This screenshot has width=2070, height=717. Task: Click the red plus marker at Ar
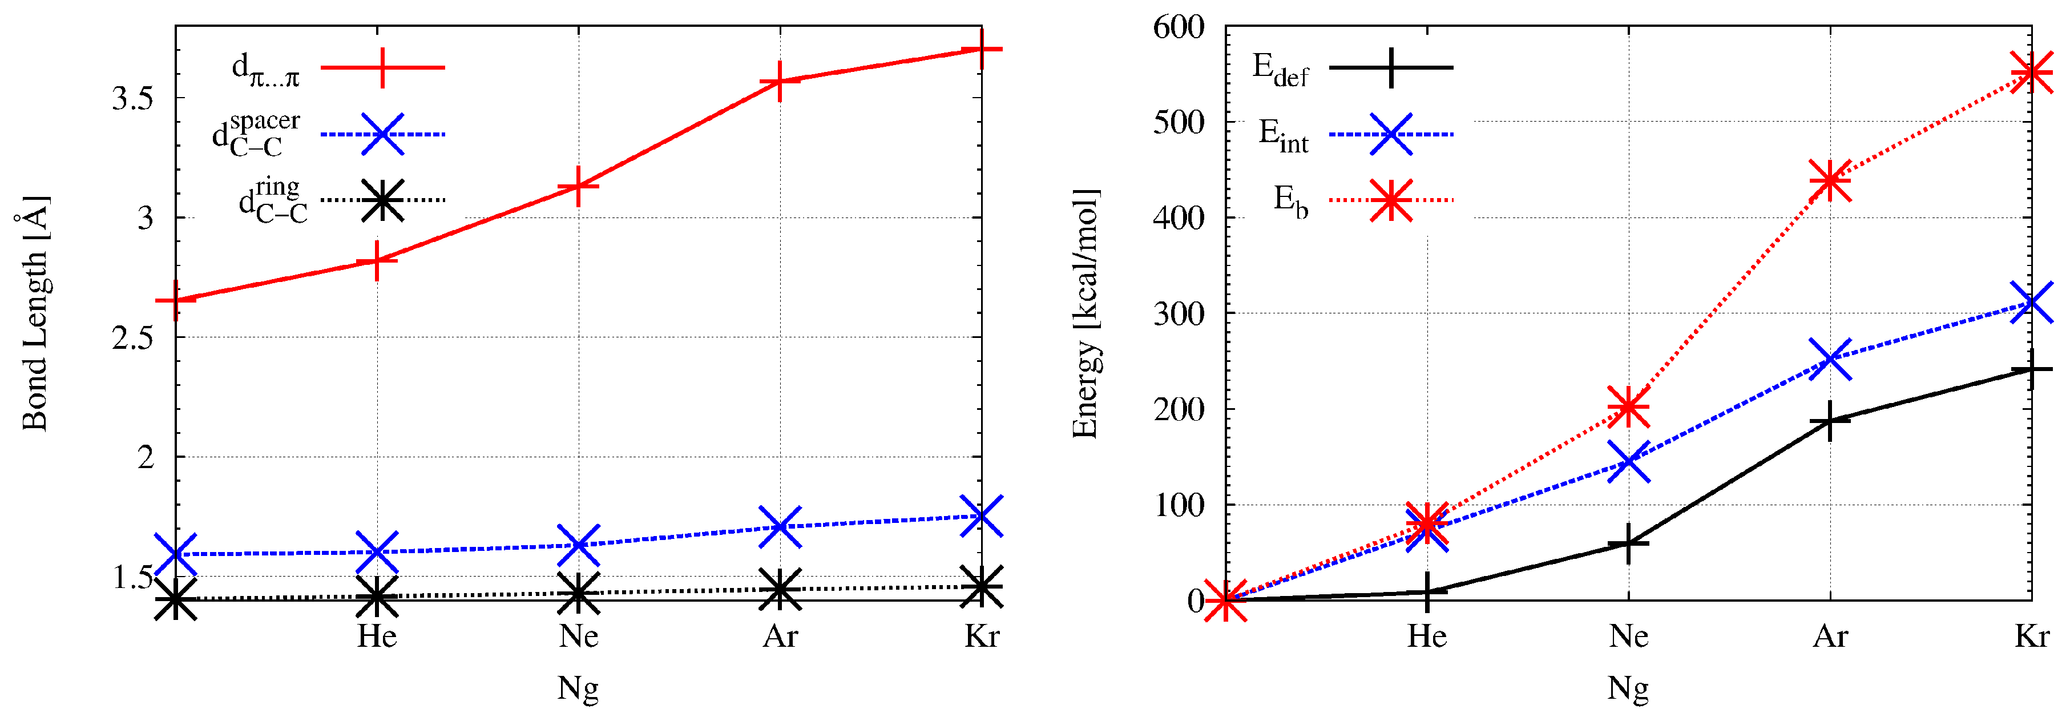point(780,81)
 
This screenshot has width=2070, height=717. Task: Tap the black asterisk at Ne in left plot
point(579,593)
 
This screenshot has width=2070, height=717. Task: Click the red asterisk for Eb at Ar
point(1830,179)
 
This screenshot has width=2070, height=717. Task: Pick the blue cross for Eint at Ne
point(1629,461)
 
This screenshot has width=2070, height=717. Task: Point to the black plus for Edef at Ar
point(1830,420)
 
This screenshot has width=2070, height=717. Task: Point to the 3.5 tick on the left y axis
point(132,99)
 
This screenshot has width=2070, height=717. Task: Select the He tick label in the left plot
point(377,637)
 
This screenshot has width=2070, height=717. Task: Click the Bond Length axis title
point(35,313)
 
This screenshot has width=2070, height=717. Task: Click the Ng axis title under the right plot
point(1628,688)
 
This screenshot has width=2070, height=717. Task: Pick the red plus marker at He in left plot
point(377,260)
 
